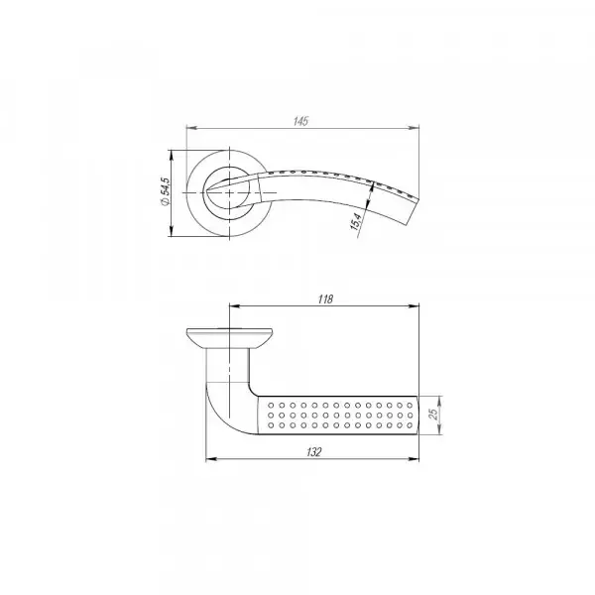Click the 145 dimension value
[300, 121]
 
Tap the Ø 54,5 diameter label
[166, 191]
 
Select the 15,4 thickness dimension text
[356, 221]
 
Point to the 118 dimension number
[325, 299]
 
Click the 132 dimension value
[313, 452]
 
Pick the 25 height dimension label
[433, 415]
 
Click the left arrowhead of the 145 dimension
[191, 128]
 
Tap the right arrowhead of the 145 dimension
[414, 128]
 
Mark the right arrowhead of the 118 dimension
[414, 305]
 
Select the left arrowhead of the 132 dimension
[210, 459]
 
